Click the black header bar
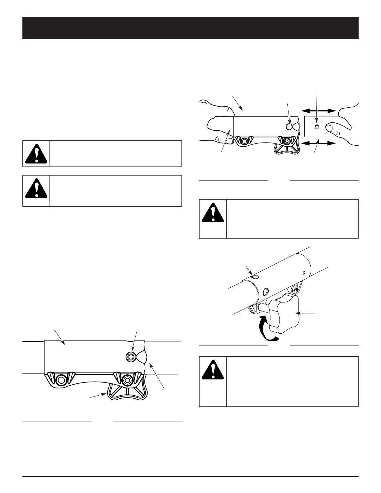[x=190, y=28]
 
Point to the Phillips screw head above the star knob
[x=294, y=290]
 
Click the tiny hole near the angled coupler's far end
[x=304, y=272]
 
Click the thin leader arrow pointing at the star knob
[x=307, y=313]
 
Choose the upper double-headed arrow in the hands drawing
[x=318, y=110]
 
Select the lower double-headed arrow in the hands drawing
[x=318, y=143]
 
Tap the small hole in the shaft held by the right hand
[x=317, y=127]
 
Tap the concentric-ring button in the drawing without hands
[x=130, y=357]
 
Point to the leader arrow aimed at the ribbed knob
[x=98, y=396]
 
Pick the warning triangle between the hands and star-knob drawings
[x=213, y=214]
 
